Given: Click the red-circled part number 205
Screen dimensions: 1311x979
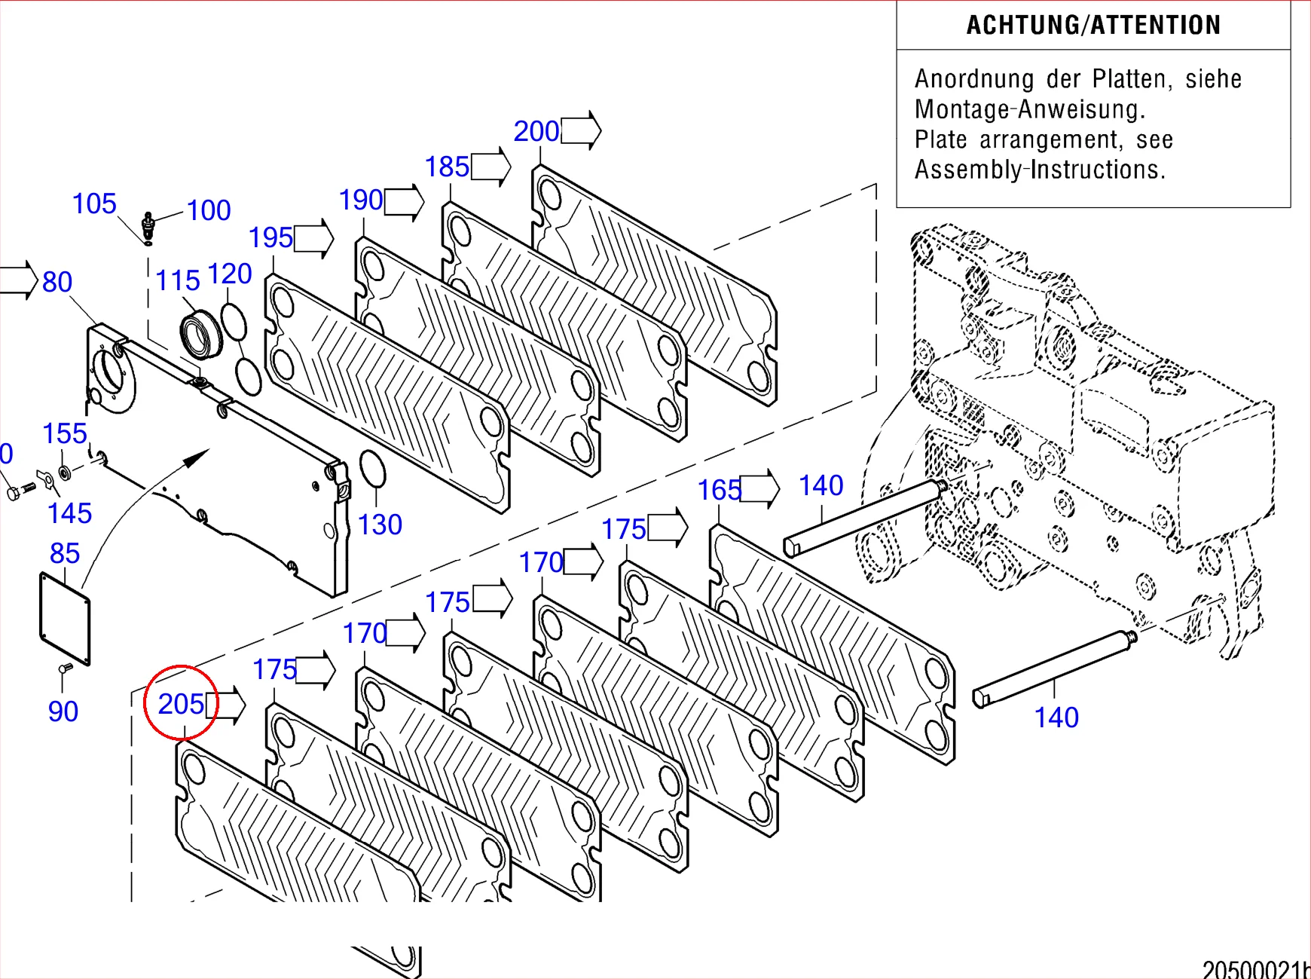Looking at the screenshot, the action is pyautogui.click(x=181, y=704).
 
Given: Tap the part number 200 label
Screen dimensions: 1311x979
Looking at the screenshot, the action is pyautogui.click(x=536, y=131).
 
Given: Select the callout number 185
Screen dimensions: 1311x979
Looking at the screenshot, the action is pyautogui.click(x=447, y=167).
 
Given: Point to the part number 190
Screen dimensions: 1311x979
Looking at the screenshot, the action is pyautogui.click(x=361, y=200).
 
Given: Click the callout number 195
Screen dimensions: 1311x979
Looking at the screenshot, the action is pyautogui.click(x=270, y=238).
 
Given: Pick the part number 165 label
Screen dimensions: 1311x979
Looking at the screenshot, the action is pyautogui.click(x=720, y=491).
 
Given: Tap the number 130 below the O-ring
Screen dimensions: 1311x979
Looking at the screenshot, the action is pyautogui.click(x=380, y=525).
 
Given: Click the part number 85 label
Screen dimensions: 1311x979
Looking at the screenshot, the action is pyautogui.click(x=65, y=553).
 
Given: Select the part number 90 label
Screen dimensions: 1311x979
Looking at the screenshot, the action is pyautogui.click(x=63, y=711).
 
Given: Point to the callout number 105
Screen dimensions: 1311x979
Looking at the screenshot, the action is pyautogui.click(x=94, y=203).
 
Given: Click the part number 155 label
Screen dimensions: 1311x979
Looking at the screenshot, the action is pyautogui.click(x=65, y=433).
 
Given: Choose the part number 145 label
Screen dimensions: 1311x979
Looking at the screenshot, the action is pyautogui.click(x=69, y=513).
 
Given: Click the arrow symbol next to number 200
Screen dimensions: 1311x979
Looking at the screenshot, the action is pyautogui.click(x=581, y=130).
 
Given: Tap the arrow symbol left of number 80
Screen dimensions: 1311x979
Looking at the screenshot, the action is pyautogui.click(x=18, y=280).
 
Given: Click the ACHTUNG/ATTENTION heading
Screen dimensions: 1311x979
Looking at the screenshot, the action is pyautogui.click(x=1093, y=26).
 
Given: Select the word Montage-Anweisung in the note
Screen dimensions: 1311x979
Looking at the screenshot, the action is pyautogui.click(x=1030, y=109).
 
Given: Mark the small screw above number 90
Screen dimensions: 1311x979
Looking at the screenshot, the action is pyautogui.click(x=65, y=668).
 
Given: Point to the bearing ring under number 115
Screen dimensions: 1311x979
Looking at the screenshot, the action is pyautogui.click(x=201, y=334).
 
